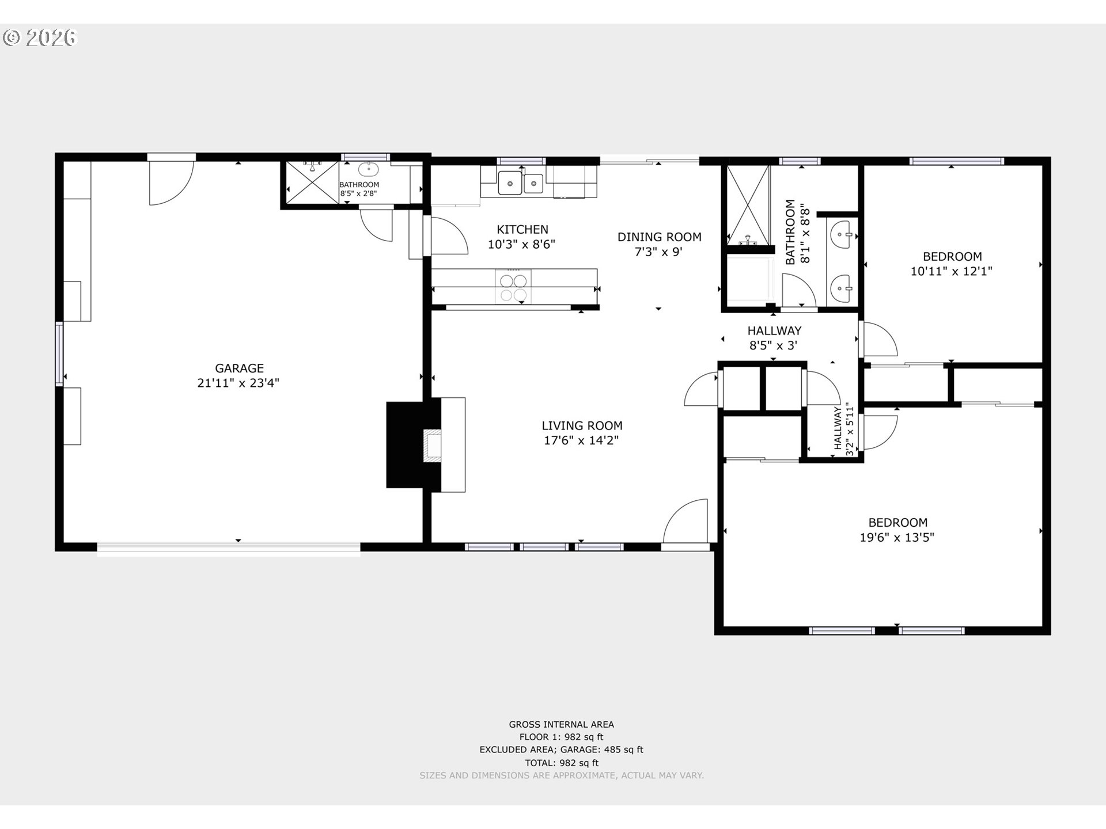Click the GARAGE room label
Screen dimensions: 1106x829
239,368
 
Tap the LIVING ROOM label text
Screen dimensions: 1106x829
582,425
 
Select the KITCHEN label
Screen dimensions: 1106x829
522,229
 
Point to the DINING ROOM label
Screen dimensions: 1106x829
660,237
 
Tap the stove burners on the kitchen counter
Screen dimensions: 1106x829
513,287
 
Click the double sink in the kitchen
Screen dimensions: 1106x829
521,183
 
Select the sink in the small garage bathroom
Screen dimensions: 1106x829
368,170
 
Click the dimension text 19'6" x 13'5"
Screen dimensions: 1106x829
897,537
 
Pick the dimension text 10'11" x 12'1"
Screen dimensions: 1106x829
951,271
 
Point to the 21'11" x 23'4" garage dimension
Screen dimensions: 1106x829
238,383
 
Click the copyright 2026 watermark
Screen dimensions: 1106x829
40,38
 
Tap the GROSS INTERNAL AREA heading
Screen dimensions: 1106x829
561,724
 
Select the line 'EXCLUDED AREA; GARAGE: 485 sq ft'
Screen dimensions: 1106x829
561,750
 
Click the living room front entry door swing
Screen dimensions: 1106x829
685,521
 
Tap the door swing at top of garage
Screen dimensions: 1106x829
171,183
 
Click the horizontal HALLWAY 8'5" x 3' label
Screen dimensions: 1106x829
774,338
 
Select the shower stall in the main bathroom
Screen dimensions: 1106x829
748,206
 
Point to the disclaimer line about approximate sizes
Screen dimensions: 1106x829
562,775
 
